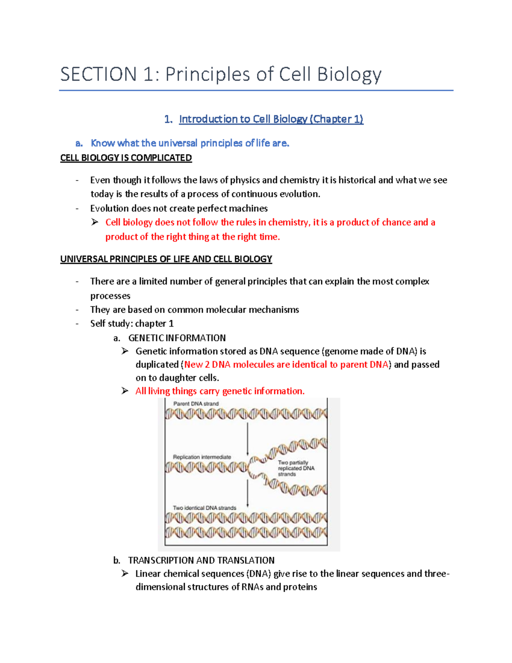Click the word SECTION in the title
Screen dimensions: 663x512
[98, 74]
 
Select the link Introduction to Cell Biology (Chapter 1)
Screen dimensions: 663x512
[271, 119]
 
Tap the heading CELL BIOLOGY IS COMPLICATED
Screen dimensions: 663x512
[126, 158]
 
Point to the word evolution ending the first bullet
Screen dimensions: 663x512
[299, 194]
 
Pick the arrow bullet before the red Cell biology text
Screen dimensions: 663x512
[95, 222]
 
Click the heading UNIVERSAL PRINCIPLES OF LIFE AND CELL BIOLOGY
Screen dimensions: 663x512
[166, 259]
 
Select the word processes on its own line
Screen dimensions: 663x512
[110, 296]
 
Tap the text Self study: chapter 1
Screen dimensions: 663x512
[132, 324]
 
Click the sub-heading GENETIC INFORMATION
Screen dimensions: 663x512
[177, 338]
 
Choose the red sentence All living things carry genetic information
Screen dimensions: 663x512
[220, 391]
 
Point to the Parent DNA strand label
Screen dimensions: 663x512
[196, 404]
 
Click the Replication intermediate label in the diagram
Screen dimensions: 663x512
[202, 457]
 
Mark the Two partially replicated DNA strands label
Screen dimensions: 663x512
[296, 468]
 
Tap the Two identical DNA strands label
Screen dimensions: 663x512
[204, 508]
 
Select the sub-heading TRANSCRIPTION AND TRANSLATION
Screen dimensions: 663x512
[201, 560]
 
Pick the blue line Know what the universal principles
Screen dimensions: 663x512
[190, 143]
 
